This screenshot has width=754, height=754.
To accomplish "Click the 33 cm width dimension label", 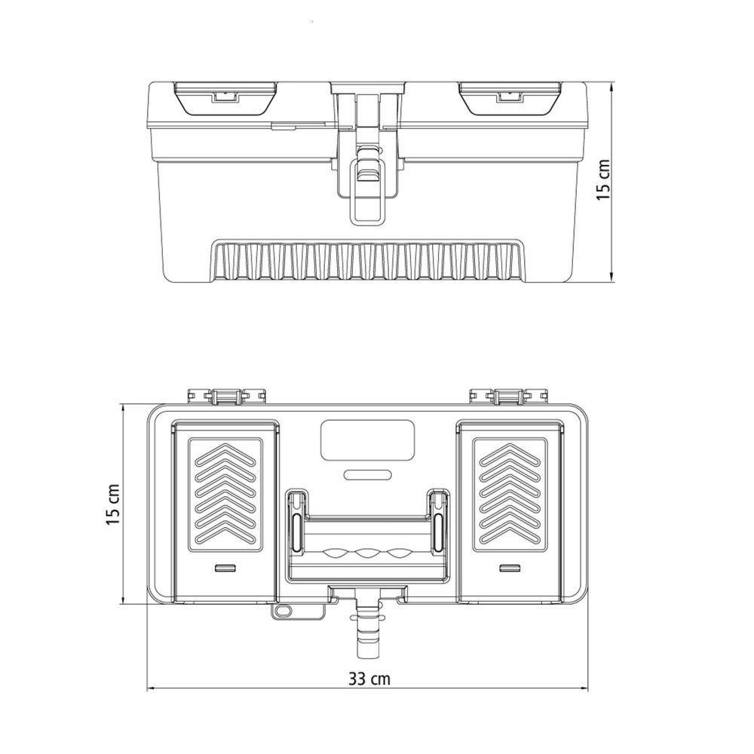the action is [369, 679].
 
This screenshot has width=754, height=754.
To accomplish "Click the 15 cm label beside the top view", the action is [114, 504].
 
